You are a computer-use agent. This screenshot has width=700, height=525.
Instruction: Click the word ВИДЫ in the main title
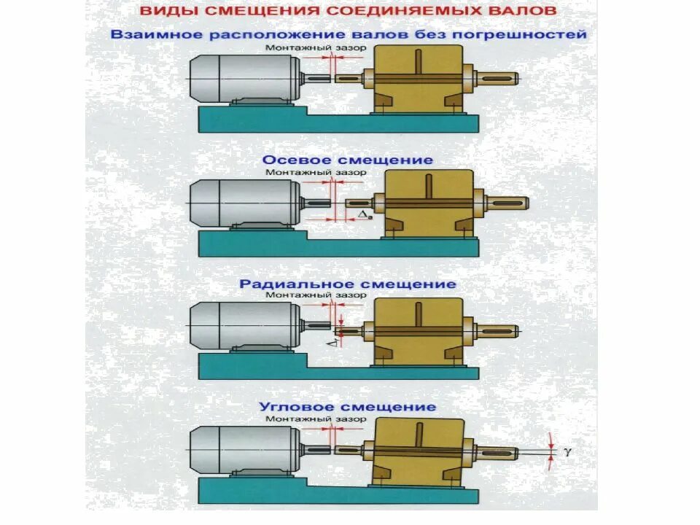point(165,12)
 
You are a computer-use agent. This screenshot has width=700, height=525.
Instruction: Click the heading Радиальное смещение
point(348,284)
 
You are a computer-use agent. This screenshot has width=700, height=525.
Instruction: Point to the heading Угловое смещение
point(348,407)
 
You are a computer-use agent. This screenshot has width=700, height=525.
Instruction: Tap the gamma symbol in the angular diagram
point(567,452)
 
